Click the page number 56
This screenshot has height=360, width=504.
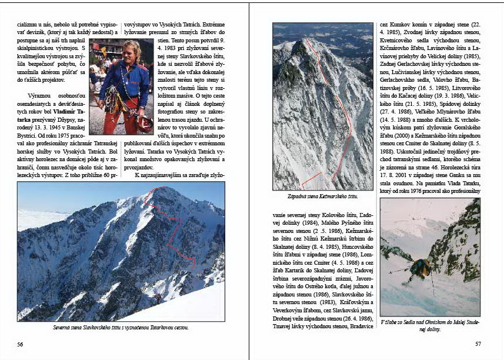(x=21, y=344)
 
